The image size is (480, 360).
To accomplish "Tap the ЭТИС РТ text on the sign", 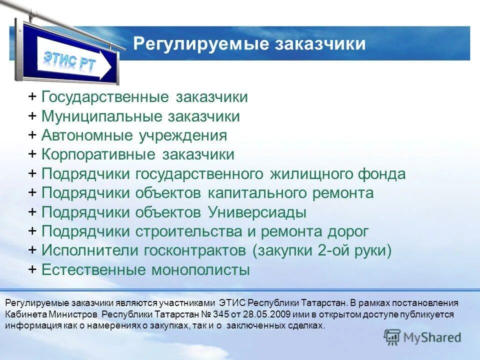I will pos(70,62).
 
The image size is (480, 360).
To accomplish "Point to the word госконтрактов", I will pos(193,250).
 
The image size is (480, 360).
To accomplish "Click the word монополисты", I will pos(200,270).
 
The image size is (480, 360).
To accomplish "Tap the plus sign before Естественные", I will pos(32,270).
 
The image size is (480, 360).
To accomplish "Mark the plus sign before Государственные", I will pos(32,97).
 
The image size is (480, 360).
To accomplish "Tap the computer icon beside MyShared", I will pos(392,337).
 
